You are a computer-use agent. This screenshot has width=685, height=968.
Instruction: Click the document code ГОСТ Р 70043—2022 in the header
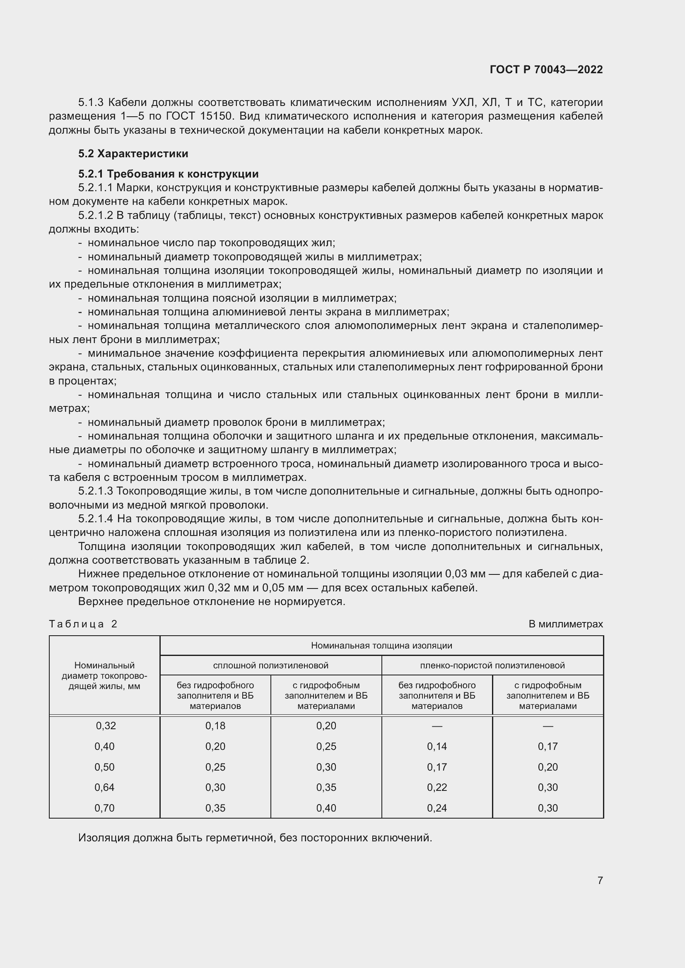coord(546,70)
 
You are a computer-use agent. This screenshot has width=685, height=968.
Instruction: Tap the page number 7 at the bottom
coord(600,880)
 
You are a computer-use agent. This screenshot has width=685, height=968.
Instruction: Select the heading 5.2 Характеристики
coord(133,154)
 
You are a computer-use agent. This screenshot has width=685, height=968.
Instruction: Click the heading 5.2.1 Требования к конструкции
coord(168,174)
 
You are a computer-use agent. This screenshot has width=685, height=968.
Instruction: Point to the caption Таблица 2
coord(83,624)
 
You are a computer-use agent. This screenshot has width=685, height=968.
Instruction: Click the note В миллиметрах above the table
coord(566,624)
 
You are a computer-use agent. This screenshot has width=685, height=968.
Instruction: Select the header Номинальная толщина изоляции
coord(381,646)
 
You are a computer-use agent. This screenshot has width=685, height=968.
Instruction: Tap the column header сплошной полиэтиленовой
coord(270,665)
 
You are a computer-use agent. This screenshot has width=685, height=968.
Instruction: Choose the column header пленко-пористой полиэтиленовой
coord(492,665)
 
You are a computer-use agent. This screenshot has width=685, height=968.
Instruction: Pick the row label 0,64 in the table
coord(104,787)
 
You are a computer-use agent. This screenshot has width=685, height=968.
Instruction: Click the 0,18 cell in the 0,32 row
coord(215,725)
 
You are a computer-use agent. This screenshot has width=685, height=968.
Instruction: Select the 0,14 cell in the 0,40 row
coord(437,746)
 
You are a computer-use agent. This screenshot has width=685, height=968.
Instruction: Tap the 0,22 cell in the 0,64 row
coord(437,787)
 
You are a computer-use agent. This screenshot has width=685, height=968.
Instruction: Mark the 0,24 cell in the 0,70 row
coord(437,808)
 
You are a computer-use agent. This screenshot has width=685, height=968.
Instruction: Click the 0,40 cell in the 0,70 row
coord(326,808)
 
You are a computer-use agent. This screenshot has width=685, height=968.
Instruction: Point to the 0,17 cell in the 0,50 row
coord(437,767)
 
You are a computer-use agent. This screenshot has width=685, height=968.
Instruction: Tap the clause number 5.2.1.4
coord(95,519)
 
